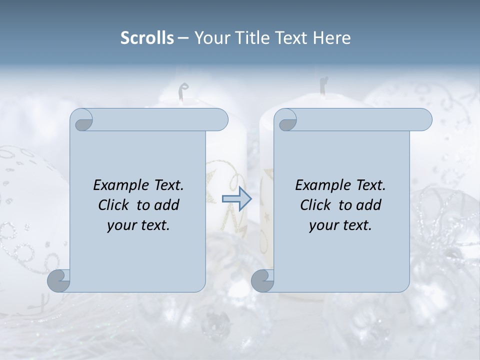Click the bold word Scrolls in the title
coord(147,38)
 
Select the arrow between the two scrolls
coord(236,198)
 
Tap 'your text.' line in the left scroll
coord(138,225)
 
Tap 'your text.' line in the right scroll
coord(340,225)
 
